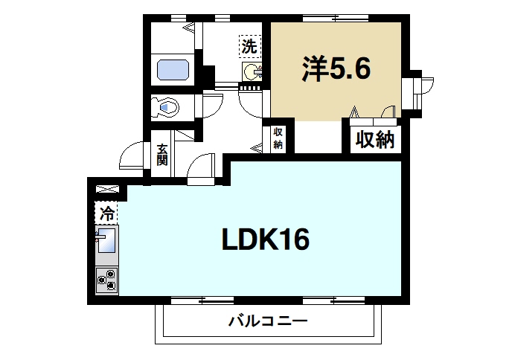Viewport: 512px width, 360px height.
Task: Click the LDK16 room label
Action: [x=265, y=240]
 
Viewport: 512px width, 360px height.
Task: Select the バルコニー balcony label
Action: [x=267, y=322]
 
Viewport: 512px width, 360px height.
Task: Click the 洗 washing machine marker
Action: [x=249, y=46]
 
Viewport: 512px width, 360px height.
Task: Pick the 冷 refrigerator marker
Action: [x=106, y=213]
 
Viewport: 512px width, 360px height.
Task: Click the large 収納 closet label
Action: [x=374, y=139]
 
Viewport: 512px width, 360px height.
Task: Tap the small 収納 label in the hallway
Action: [x=278, y=138]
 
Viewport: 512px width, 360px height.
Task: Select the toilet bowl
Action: [x=165, y=107]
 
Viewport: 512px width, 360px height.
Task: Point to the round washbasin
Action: [x=252, y=72]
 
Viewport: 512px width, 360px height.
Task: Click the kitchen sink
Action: [x=106, y=242]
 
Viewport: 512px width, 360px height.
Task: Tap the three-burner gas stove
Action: [x=106, y=279]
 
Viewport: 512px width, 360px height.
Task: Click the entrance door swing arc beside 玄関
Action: [x=132, y=155]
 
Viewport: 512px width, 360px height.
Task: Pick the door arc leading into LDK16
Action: [x=202, y=169]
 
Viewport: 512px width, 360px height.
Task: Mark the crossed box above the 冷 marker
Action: [x=106, y=191]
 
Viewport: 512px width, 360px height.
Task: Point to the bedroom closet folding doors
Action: [x=372, y=112]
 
